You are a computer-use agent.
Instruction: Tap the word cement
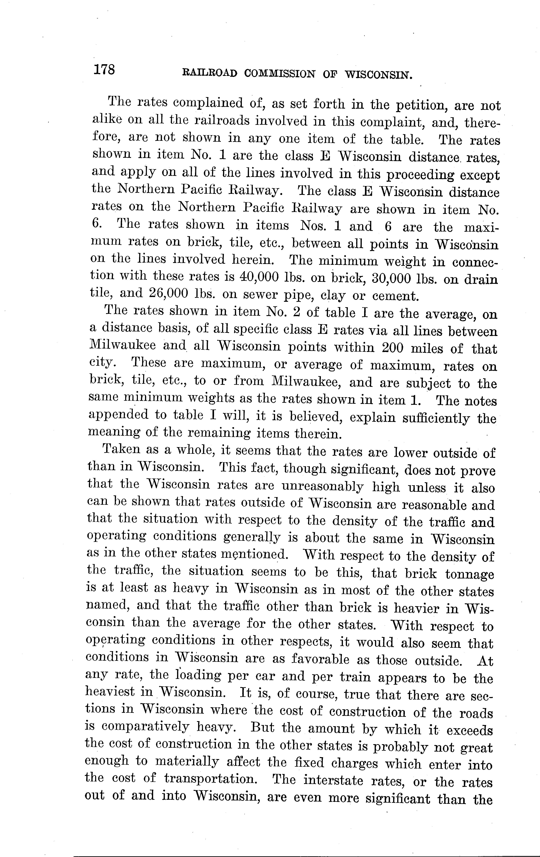(395, 296)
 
